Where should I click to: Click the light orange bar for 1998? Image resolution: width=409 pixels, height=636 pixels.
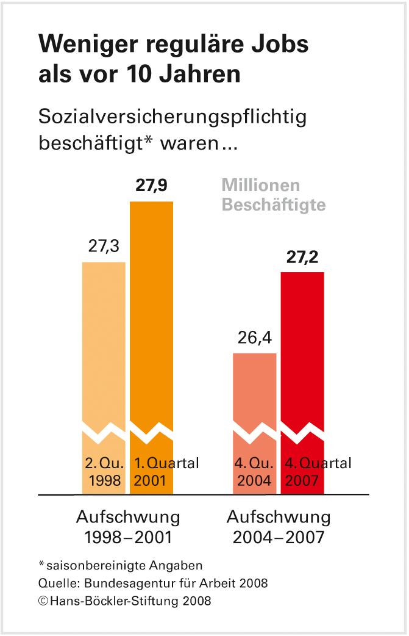tap(104, 342)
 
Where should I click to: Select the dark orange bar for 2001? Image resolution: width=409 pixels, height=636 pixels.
tap(151, 317)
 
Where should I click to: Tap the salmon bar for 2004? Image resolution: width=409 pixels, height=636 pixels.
tap(255, 391)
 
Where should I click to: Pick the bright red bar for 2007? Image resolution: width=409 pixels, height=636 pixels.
tap(302, 354)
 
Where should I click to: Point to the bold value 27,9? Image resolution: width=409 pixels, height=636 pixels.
tap(152, 186)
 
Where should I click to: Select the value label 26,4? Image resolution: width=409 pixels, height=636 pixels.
tap(255, 338)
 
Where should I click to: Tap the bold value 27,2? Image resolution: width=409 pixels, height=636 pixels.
tap(303, 257)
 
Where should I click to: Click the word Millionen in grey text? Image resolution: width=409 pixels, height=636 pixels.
tap(261, 186)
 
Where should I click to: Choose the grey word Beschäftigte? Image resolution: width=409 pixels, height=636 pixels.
tap(273, 205)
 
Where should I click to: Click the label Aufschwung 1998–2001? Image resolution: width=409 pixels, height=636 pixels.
tap(128, 527)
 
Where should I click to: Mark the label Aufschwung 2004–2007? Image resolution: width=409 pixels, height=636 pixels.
tap(279, 527)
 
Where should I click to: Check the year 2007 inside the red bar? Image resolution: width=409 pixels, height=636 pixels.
tap(301, 480)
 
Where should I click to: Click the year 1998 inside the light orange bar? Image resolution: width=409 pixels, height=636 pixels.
tap(105, 480)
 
